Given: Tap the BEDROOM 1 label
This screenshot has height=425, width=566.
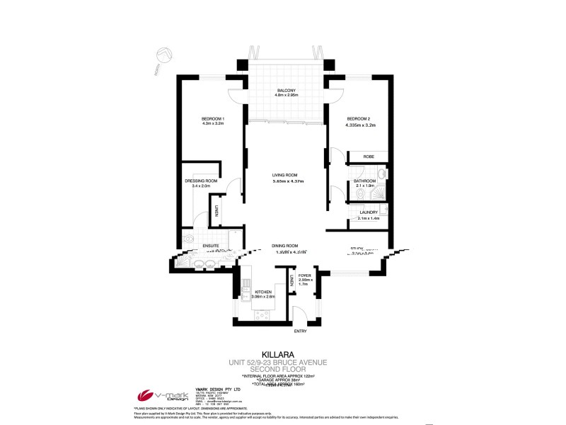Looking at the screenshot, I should coord(212,118).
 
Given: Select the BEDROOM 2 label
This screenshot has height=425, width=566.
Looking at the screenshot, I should coord(359,118).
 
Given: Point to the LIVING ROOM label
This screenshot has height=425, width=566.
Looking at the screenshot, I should coord(285,175).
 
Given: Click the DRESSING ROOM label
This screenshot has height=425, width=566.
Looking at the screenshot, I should coord(201,181).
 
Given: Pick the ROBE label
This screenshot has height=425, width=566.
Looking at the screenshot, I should coord(369,157).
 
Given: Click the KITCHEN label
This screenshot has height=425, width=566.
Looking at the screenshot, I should coord(264,291).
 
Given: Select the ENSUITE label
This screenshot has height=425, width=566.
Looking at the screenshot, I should coord(212,246).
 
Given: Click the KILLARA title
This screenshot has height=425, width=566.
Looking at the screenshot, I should coord(282,351).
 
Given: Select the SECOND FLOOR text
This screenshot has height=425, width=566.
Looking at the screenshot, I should coord(282,368).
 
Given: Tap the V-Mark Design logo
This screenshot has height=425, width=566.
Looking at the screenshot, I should coord(156,396).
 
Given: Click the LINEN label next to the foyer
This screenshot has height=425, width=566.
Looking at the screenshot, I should coord(291,281).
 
